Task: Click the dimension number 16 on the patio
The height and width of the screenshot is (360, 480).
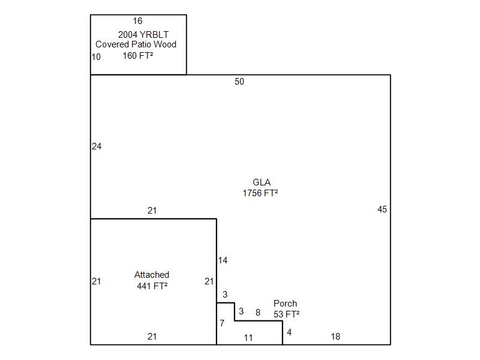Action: pos(138,21)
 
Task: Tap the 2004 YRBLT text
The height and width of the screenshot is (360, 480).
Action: pos(143,35)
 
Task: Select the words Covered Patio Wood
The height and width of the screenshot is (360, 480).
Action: pos(136,44)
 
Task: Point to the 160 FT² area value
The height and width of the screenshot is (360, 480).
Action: pos(138,56)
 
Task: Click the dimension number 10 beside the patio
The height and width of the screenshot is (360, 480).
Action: pos(96,57)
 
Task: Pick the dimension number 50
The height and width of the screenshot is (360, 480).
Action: pos(239,82)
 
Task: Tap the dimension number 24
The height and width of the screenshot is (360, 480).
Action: pos(97,146)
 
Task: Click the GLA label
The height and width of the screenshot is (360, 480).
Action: pos(262,182)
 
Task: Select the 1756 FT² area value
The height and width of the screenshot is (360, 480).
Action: pos(260,193)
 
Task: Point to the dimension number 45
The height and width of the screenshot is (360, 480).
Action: pos(382,209)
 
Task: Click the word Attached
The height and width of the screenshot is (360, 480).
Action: pos(152,275)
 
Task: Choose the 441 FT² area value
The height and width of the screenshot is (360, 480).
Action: pos(152,286)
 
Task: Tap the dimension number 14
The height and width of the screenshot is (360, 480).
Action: pos(223,260)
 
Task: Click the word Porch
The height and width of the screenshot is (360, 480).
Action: pos(286,304)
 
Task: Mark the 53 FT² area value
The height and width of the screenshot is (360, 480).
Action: pos(287,314)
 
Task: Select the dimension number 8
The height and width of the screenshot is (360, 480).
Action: pos(258,313)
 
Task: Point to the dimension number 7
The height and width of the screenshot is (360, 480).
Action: pos(222,323)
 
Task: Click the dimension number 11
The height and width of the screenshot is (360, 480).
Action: pos(248,338)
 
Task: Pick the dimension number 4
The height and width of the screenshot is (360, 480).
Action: pos(289,332)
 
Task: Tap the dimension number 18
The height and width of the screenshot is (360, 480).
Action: pos(335,337)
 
